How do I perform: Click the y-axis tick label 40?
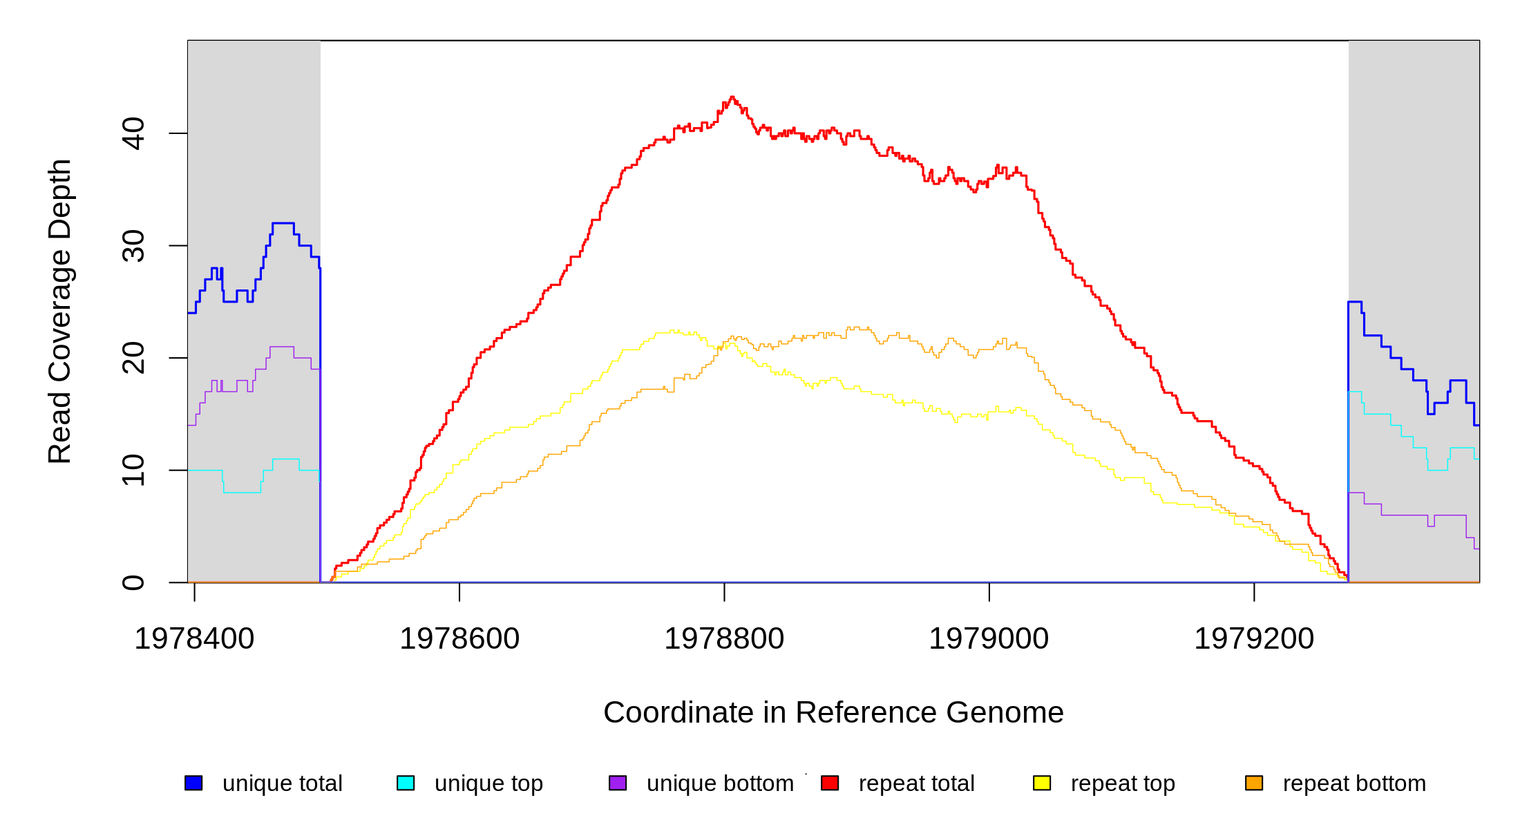coord(133,133)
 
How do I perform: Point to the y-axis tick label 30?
coord(133,246)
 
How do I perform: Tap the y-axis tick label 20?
coord(133,358)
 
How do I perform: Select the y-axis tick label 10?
coord(133,470)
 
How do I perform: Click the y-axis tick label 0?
coord(133,582)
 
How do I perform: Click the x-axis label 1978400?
coord(194,639)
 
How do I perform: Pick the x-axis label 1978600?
coord(459,639)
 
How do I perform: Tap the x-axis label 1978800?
coord(724,639)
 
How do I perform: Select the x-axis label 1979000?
coord(989,639)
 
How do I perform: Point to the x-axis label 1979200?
coord(1254,639)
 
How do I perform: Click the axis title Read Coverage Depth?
coord(60,311)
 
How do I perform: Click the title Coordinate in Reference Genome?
coord(833,713)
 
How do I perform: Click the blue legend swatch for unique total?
coord(193,783)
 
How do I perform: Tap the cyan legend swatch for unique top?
coord(406,783)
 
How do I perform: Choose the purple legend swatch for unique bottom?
coord(618,783)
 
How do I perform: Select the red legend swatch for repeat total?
coord(830,783)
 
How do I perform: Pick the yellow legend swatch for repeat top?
coord(1042,783)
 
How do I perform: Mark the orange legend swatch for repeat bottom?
coord(1254,783)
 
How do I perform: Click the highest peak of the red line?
coord(732,97)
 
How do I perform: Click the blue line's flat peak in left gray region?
coord(283,223)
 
